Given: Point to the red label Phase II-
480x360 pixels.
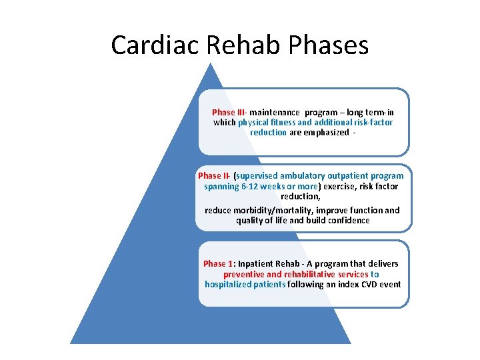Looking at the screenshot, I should coord(213,176).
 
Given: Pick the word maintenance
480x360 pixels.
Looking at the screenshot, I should coord(275,113).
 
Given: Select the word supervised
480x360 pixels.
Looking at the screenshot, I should coord(257,176).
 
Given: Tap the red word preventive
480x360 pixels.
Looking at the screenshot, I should coord(243,274).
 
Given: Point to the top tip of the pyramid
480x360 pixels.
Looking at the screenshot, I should coord(211,64).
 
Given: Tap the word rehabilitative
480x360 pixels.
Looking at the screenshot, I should coord(317,274).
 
